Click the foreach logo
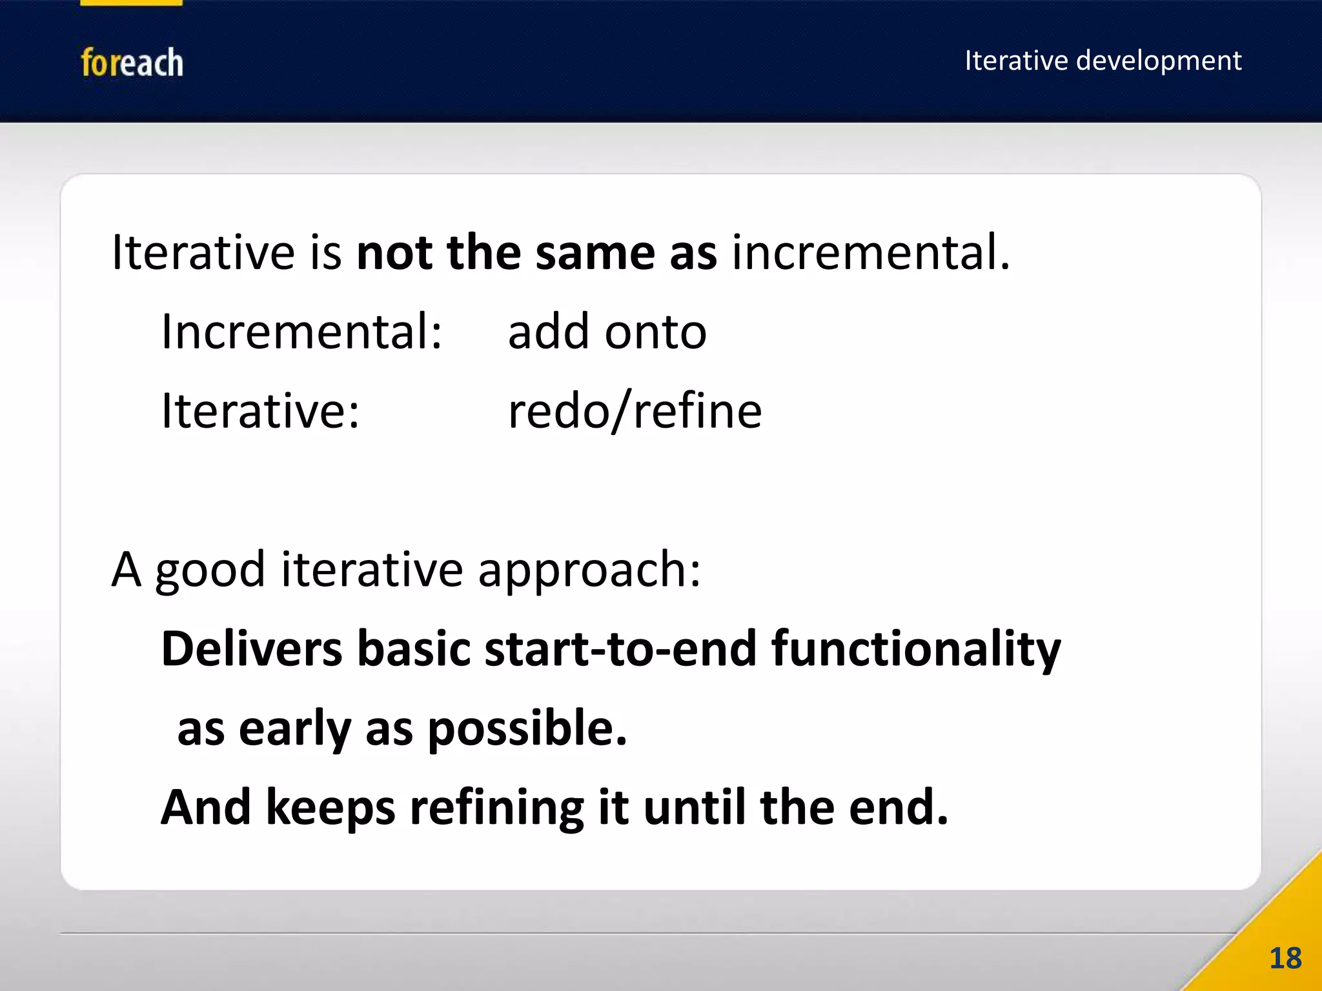[132, 63]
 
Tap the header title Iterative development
[1103, 61]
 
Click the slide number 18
[1285, 959]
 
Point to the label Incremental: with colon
[301, 332]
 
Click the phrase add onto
[607, 332]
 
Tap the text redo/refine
[635, 411]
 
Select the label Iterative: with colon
[260, 411]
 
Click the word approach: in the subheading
[589, 571]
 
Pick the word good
[210, 571]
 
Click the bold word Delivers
[252, 649]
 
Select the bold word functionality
[916, 649]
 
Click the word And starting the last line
[205, 808]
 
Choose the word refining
[496, 808]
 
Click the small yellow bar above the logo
[131, 3]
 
